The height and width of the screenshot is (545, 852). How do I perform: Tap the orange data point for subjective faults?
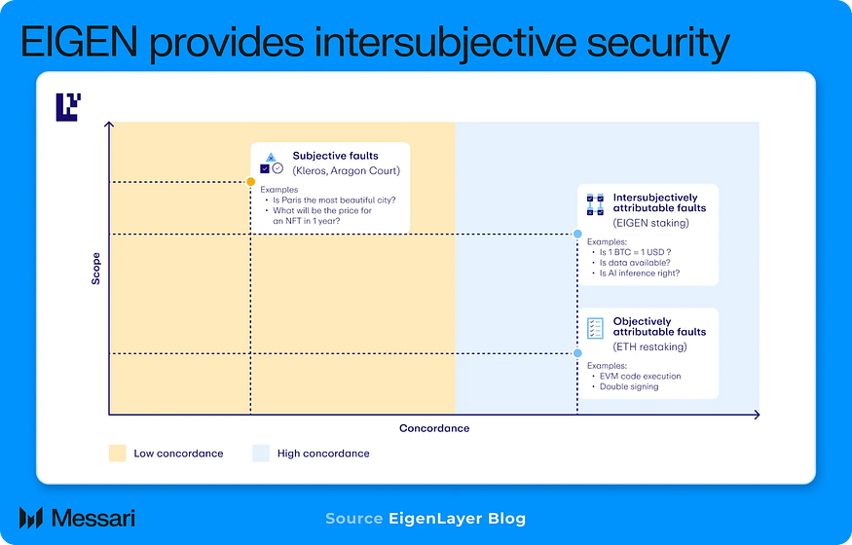click(x=251, y=182)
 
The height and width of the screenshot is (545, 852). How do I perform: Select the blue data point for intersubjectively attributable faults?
click(x=577, y=235)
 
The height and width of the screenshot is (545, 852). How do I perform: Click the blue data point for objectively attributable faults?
click(x=577, y=353)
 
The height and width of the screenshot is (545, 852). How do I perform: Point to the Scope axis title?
click(x=95, y=270)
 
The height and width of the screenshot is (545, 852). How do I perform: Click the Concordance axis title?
click(x=434, y=428)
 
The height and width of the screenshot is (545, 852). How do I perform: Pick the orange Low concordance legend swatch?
click(x=117, y=454)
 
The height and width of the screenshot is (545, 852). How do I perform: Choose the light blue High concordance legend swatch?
click(x=260, y=454)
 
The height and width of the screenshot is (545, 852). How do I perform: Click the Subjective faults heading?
click(x=335, y=156)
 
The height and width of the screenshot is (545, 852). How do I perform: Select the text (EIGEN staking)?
click(x=650, y=223)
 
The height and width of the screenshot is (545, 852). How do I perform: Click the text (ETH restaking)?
click(x=649, y=346)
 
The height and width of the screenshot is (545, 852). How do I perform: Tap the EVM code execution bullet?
click(x=639, y=376)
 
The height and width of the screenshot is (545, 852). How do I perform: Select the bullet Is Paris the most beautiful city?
click(x=336, y=200)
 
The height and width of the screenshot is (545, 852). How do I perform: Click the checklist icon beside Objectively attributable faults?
click(x=595, y=328)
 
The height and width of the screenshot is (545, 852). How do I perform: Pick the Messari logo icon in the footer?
click(x=30, y=518)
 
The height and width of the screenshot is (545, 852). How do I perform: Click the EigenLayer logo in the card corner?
click(x=67, y=106)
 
